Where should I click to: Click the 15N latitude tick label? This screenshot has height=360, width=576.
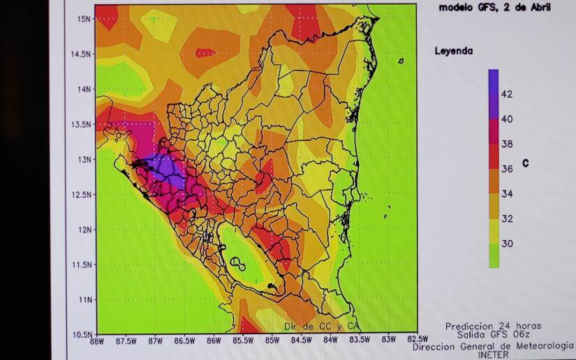84,19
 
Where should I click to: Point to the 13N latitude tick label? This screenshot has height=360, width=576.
84,159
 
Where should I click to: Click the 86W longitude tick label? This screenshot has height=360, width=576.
214,340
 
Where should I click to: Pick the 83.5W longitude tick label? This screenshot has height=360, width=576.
358,340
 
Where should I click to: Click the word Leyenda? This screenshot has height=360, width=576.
454,51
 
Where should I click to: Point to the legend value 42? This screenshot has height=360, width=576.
507,94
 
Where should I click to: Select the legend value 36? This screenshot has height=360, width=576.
507,169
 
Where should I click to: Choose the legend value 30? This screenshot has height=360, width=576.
507,243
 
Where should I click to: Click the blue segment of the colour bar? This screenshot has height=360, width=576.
493,81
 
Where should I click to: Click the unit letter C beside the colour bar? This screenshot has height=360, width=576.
525,164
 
